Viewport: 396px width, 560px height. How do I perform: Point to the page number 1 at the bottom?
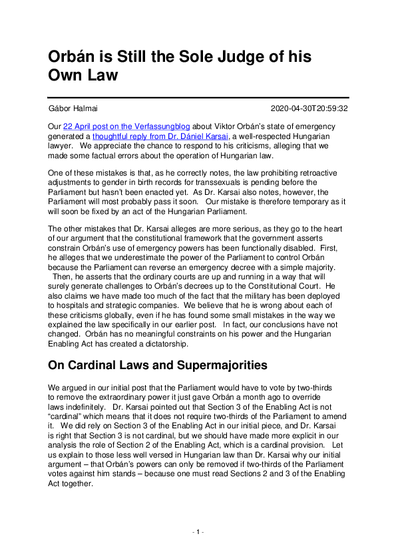[x=198, y=532]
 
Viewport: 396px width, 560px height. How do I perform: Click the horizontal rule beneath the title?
[x=198, y=98]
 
